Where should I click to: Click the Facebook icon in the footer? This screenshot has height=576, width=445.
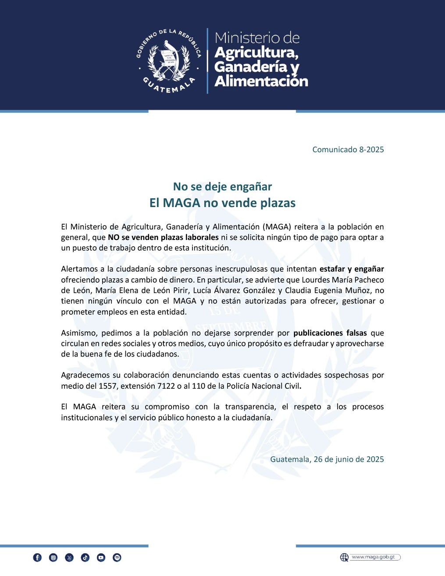click(37, 558)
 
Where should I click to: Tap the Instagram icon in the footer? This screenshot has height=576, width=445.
click(53, 558)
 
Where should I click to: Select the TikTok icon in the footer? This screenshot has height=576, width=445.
click(85, 558)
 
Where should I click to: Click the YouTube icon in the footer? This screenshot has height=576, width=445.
click(101, 558)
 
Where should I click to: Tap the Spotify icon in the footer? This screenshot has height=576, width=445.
click(117, 558)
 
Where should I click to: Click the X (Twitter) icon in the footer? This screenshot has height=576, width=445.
click(69, 558)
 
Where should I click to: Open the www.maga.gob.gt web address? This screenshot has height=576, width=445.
click(374, 557)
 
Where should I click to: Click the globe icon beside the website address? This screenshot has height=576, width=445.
click(344, 557)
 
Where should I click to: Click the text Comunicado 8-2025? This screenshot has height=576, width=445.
click(348, 150)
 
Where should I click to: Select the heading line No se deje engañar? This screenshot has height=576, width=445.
click(222, 187)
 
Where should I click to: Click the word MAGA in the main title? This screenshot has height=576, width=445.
click(182, 203)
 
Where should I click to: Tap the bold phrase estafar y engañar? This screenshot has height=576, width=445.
click(352, 269)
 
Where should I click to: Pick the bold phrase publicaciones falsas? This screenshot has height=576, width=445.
click(330, 333)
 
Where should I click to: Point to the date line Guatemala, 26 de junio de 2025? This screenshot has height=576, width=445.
click(327, 459)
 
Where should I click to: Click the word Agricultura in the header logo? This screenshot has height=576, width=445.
click(256, 53)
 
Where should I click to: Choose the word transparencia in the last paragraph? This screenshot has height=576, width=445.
click(250, 407)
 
